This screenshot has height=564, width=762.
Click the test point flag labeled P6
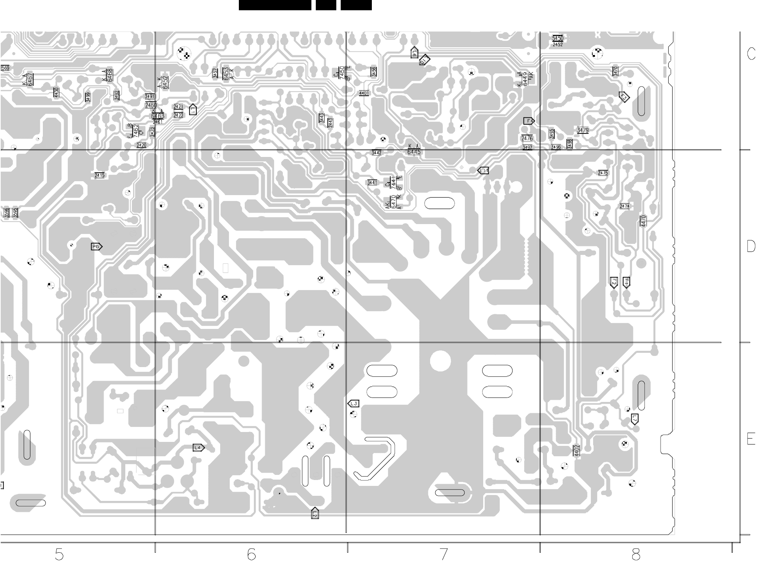pos(96,247)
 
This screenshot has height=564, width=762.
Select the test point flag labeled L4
pos(198,447)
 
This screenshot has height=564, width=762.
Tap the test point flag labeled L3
pos(353,404)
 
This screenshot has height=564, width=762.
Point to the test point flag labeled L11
pos(483,171)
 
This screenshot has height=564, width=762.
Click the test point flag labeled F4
pos(529,121)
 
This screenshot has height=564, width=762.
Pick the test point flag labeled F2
pos(614,282)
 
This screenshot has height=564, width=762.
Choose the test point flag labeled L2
pos(315,513)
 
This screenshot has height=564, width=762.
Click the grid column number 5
pos(59,554)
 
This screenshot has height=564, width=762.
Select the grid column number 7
pos(444,554)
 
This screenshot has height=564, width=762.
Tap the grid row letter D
pos(751,246)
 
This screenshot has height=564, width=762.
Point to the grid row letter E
pos(751,439)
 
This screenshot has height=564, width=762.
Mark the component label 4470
pos(643,221)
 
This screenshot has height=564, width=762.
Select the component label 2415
pos(100,175)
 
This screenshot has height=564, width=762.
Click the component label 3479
pos(582,131)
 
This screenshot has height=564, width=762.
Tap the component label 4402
pos(577,451)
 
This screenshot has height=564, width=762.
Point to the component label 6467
pos(30,79)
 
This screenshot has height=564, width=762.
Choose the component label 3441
pos(372,183)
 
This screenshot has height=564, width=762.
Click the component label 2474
pos(624,206)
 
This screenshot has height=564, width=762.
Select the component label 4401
pos(364,94)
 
